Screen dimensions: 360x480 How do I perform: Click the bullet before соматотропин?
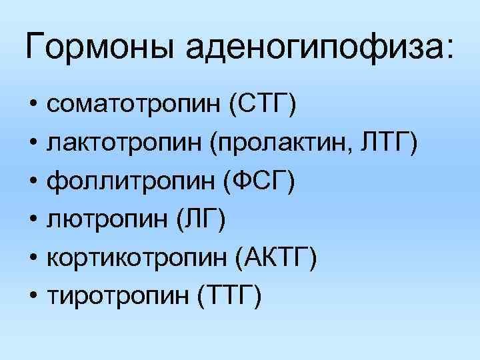tap(33, 105)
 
